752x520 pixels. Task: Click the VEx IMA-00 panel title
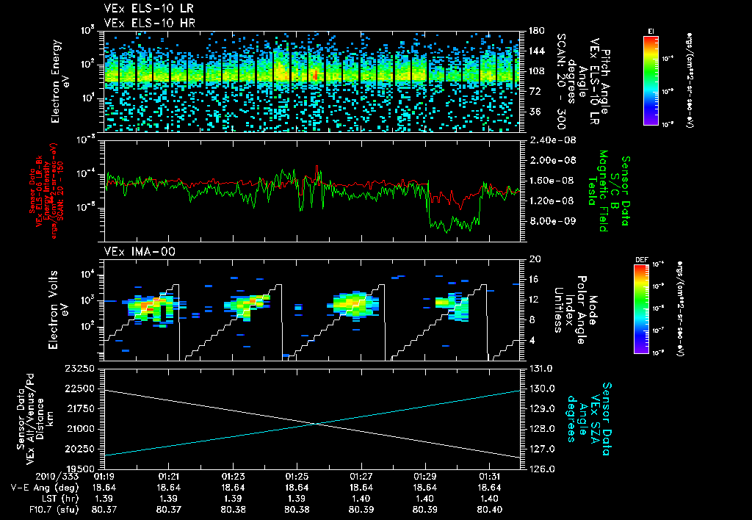tap(132, 251)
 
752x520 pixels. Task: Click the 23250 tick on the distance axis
tap(77, 368)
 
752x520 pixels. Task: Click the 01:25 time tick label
tap(297, 475)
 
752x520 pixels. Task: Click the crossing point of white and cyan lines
tap(317, 423)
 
